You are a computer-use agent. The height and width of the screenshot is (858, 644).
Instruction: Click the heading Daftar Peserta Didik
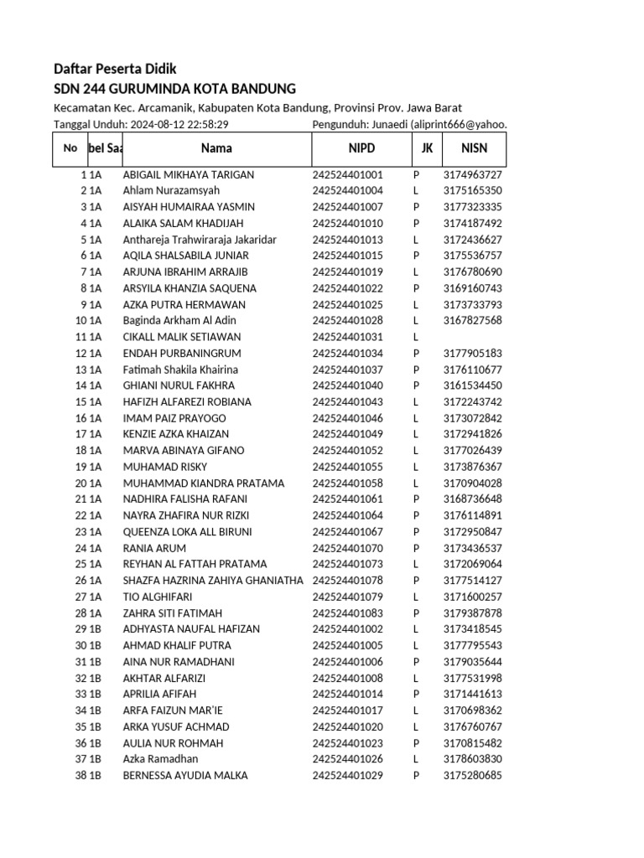point(115,69)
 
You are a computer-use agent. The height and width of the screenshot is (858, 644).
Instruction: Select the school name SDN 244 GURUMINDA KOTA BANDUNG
point(174,89)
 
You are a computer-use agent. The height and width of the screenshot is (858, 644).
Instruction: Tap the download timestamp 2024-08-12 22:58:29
point(179,124)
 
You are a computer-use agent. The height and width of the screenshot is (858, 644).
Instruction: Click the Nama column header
point(216,148)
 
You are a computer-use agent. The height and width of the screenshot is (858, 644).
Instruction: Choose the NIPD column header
point(362,148)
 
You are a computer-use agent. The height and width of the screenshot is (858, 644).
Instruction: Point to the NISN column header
point(474,148)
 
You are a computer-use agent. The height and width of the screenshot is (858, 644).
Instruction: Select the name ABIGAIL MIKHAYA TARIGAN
point(189,175)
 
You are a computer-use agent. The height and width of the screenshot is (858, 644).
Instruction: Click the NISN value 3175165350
point(473,191)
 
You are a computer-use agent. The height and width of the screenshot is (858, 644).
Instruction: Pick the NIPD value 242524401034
point(347,353)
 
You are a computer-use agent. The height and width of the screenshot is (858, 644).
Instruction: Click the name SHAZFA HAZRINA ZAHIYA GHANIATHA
point(213,580)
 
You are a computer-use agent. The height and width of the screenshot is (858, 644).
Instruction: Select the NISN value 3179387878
point(473,612)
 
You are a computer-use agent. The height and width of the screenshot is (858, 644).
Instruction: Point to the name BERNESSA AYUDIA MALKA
point(185,775)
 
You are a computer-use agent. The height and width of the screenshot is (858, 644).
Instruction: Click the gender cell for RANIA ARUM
point(416,548)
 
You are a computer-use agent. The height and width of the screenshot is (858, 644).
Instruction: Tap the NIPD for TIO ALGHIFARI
point(347,597)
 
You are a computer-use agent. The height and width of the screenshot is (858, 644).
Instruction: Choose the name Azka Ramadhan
point(161,759)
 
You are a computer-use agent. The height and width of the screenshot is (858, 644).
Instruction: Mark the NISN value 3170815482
point(473,743)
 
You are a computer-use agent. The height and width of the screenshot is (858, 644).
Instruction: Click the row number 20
point(81,483)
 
